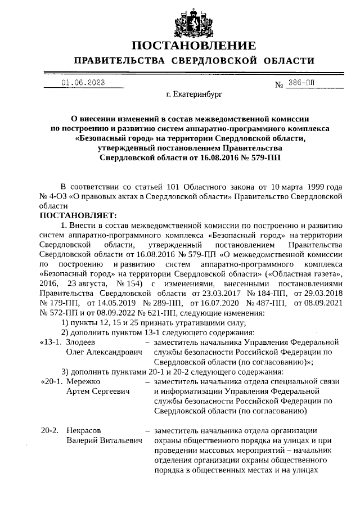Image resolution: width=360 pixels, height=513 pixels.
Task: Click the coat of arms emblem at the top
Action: tap(179, 20)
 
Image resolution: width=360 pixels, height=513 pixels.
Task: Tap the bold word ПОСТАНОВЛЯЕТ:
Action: tap(77, 215)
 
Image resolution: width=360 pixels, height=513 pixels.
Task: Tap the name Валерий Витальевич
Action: tap(102, 440)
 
